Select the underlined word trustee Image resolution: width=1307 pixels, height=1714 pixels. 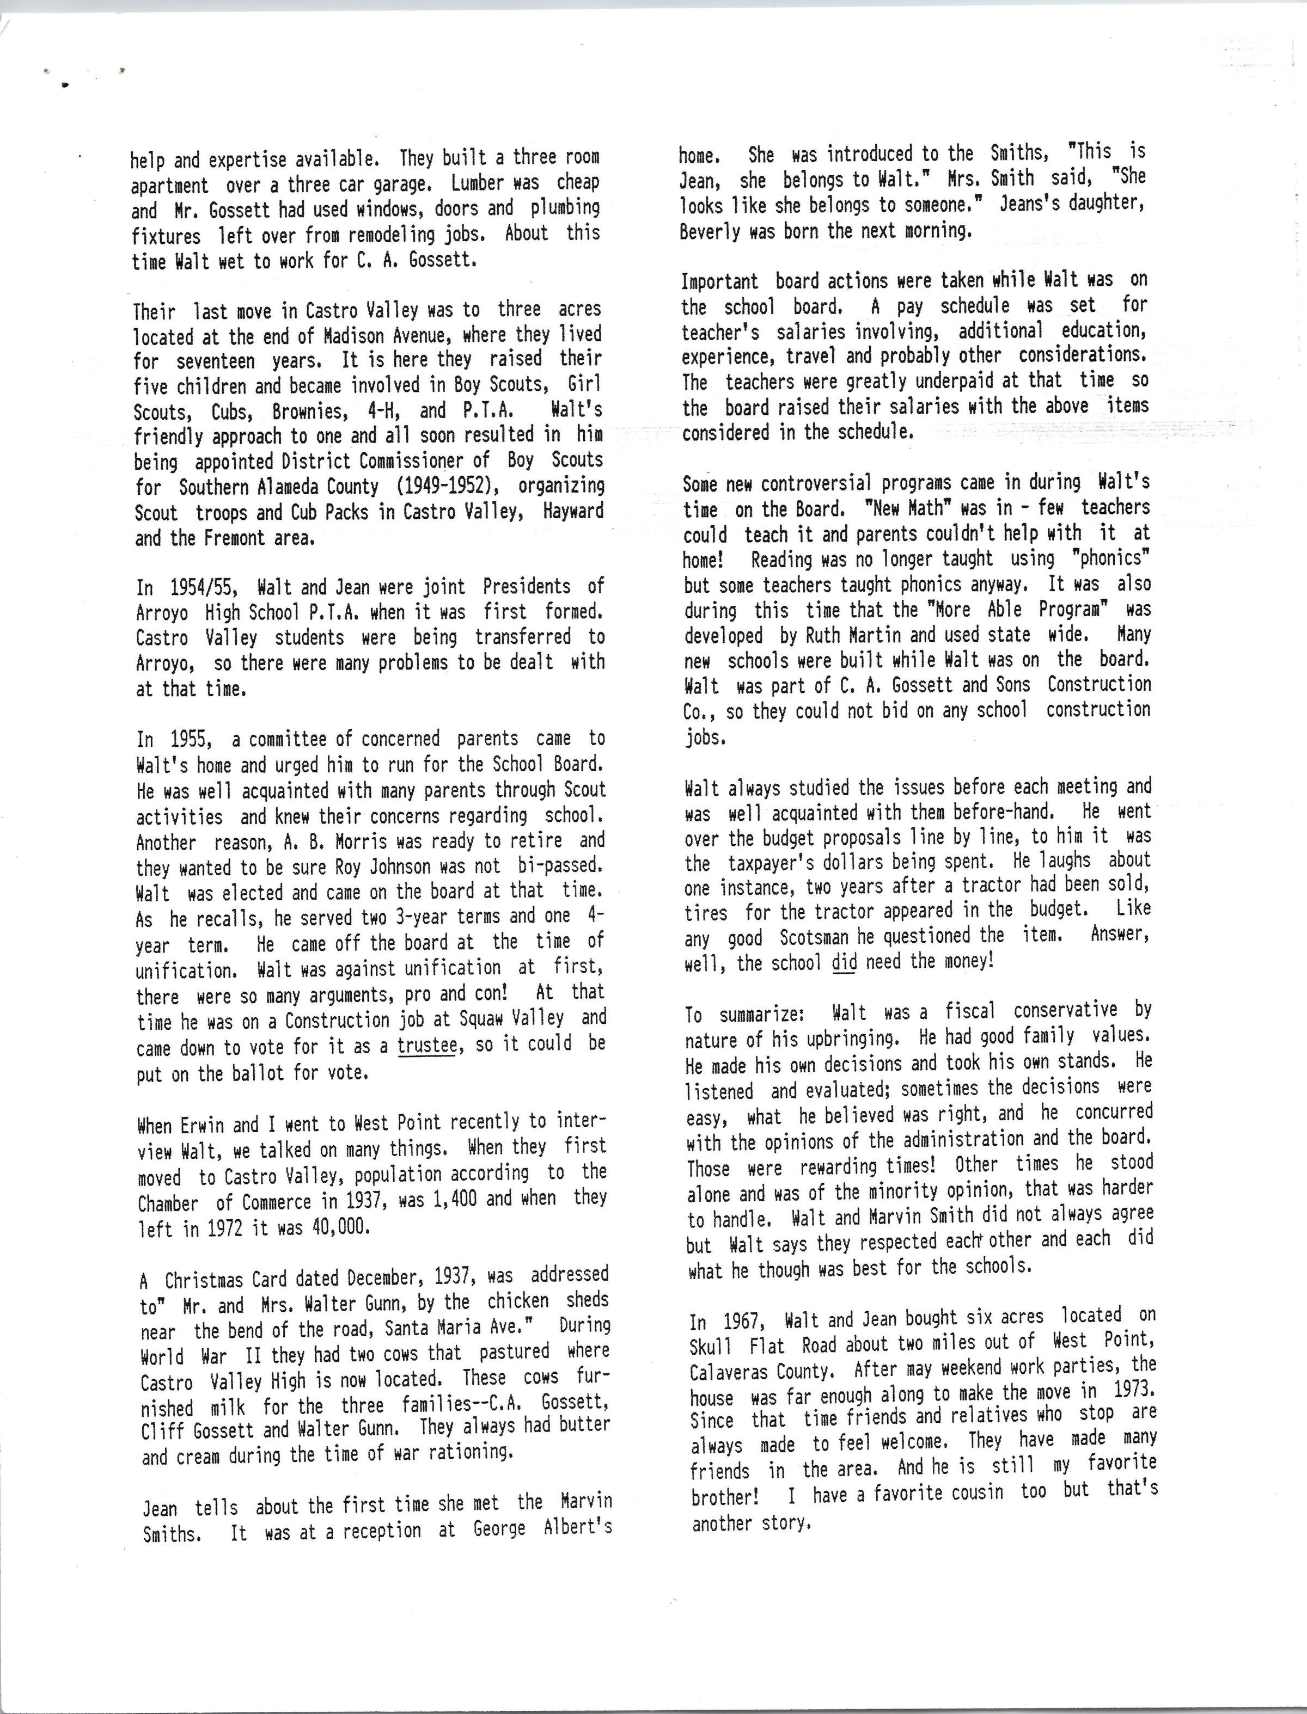[427, 1045]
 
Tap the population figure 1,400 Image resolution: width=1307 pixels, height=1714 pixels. [449, 1199]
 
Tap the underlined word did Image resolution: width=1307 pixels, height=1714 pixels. [844, 963]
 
